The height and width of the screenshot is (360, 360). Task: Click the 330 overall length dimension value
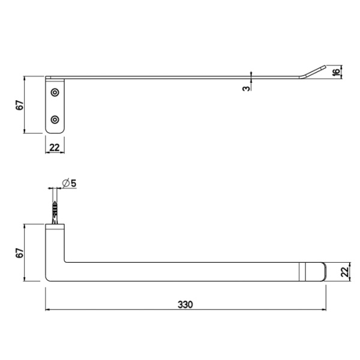pos(185,304)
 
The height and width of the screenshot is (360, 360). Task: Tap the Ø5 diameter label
pos(69,183)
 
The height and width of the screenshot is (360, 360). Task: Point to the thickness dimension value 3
pos(246,88)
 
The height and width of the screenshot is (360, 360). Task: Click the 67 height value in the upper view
pos(19,105)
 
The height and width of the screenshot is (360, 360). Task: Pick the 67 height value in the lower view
pos(19,253)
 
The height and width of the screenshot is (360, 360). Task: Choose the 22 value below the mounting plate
pos(55,147)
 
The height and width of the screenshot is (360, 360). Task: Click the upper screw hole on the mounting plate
pos(55,92)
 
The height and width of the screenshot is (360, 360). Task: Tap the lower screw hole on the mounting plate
pos(55,119)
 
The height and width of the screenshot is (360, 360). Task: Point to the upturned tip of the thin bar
pos(313,71)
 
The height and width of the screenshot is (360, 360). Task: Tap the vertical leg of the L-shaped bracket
pos(55,249)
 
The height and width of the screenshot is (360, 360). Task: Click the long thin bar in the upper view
pos(180,77)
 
